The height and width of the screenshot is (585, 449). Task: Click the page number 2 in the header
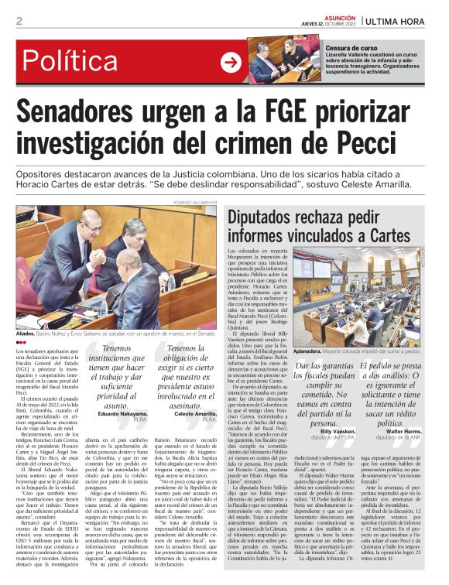[19, 20]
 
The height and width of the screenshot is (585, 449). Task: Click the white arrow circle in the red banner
[231, 63]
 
